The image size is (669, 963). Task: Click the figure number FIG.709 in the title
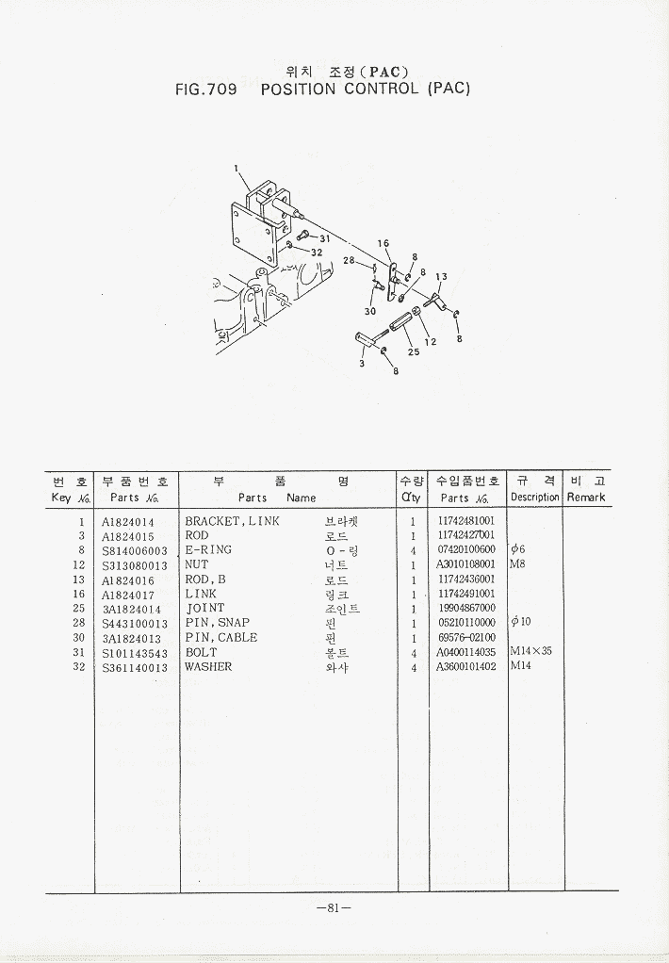pos(205,90)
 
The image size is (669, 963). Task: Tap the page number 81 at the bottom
pos(334,907)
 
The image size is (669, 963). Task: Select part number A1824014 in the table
pos(128,523)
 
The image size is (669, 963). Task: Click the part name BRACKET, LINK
pos(232,521)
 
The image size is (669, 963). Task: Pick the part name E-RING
pos(208,549)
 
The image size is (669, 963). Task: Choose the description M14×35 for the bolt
pos(530,651)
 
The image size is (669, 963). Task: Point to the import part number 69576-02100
pos(467,638)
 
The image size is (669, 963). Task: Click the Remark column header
pos(586,498)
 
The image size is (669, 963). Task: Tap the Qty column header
pos(412,498)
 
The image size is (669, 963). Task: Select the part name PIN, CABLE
pos(221,638)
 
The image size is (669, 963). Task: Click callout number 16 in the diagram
pos(383,244)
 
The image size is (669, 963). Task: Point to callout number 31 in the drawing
pos(324,239)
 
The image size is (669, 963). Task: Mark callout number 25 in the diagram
pos(414,351)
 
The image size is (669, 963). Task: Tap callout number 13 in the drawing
pos(441,277)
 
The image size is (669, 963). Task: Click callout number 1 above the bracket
pos(236,168)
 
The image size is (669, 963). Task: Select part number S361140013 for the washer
pos(135,667)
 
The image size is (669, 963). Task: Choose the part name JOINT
pos(205,608)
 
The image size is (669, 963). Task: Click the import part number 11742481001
pos(466,521)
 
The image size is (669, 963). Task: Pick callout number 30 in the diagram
pos(369,311)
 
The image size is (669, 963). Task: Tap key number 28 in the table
pos(78,623)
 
